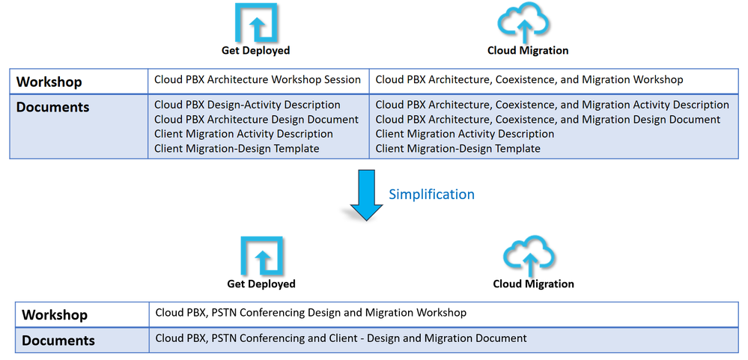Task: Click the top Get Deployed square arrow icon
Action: (x=256, y=22)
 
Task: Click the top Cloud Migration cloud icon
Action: (x=528, y=22)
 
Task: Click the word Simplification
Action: (x=431, y=194)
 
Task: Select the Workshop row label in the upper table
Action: (x=49, y=82)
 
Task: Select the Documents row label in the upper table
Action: (x=52, y=107)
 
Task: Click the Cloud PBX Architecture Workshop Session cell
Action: (x=258, y=79)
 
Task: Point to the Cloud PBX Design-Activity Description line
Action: (x=247, y=105)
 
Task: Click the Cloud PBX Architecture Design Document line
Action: (x=256, y=120)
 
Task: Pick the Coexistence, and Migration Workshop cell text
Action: (x=529, y=79)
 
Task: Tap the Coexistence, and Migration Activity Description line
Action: (x=552, y=105)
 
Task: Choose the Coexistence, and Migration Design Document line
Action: (x=547, y=120)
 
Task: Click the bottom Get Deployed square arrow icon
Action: (x=261, y=256)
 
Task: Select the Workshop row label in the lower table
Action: (x=55, y=315)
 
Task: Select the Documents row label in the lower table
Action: (x=58, y=341)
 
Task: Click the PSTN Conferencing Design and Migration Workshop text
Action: (x=311, y=313)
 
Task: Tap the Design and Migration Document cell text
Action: (x=341, y=338)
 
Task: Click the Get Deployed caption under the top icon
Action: (x=255, y=51)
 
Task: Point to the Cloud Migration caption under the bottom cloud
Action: (x=533, y=284)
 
